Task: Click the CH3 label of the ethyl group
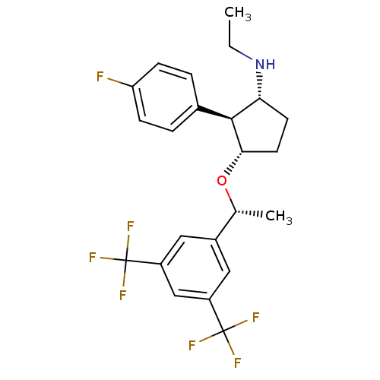tap(238, 14)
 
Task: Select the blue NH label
tap(265, 65)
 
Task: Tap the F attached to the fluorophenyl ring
tap(100, 77)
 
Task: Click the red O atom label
tap(222, 181)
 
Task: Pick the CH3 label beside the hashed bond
tap(279, 217)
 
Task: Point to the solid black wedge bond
tap(215, 113)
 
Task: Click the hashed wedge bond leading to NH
tap(260, 85)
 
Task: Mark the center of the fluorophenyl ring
tap(166, 97)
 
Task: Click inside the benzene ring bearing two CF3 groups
tap(195, 268)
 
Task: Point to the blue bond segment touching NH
tap(241, 53)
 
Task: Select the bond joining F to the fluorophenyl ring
tap(120, 83)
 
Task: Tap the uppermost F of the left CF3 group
tap(130, 226)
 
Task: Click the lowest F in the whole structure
tap(237, 363)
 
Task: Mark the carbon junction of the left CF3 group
tap(125, 261)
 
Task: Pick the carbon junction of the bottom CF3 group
tap(223, 331)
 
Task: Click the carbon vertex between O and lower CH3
tap(236, 211)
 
